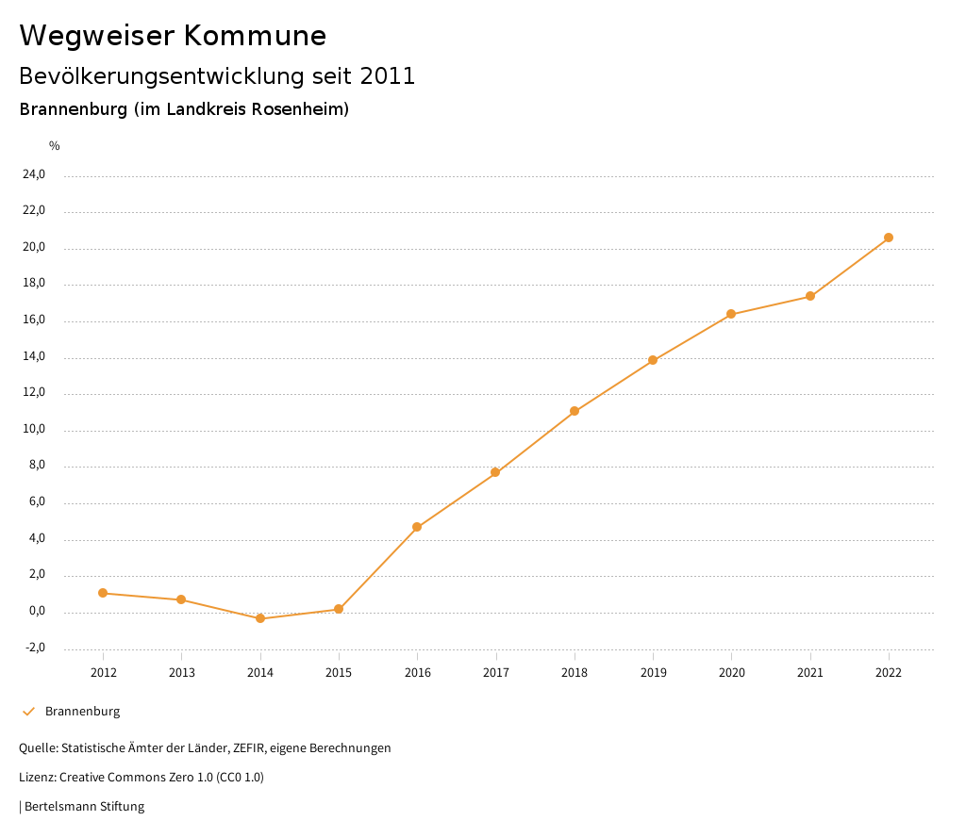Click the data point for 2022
[889, 238]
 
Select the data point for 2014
[260, 618]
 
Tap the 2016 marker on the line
[417, 527]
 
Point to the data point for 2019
[653, 360]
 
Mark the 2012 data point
[103, 593]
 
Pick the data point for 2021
[810, 297]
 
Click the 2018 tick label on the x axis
[575, 672]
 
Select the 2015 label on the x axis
[339, 672]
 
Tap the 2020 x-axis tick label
[731, 672]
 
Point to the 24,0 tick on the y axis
[34, 174]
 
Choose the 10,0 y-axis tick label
[34, 430]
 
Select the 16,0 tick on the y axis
[34, 320]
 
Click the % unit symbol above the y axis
[55, 146]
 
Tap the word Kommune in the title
[255, 36]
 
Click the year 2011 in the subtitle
[388, 76]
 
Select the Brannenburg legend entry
[82, 712]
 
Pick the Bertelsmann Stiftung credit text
[84, 807]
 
